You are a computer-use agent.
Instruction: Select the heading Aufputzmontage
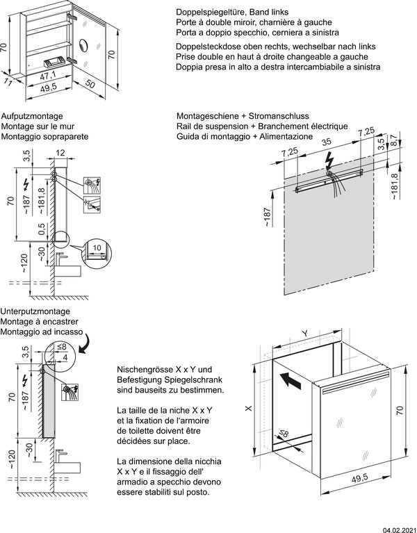point(33,115)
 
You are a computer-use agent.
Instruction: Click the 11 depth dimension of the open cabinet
point(8,82)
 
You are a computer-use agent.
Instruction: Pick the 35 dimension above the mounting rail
point(326,141)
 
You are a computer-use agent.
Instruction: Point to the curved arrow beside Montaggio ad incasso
point(89,341)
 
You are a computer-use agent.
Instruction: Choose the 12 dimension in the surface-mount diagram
point(60,153)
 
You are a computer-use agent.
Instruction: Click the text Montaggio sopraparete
point(44,138)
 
